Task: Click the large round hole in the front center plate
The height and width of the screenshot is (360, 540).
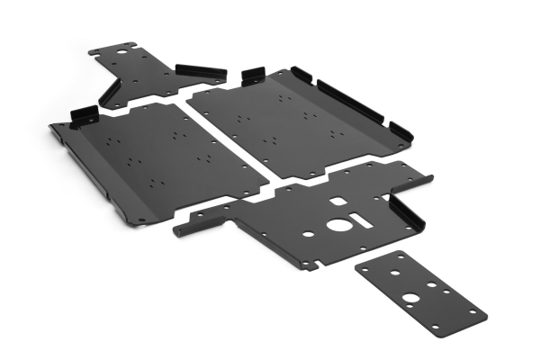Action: click(x=338, y=224)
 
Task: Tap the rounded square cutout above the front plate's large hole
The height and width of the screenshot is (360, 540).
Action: click(x=337, y=202)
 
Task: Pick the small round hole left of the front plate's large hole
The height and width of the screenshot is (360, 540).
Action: click(x=309, y=234)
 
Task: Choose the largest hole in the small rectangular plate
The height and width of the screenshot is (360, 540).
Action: click(x=409, y=298)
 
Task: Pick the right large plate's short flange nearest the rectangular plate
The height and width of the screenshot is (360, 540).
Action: click(x=400, y=133)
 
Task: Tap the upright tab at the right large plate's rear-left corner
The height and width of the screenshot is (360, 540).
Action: click(x=253, y=73)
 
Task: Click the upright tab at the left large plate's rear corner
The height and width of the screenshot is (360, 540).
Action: click(x=84, y=114)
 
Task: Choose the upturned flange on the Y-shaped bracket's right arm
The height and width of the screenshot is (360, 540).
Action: click(x=201, y=72)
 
